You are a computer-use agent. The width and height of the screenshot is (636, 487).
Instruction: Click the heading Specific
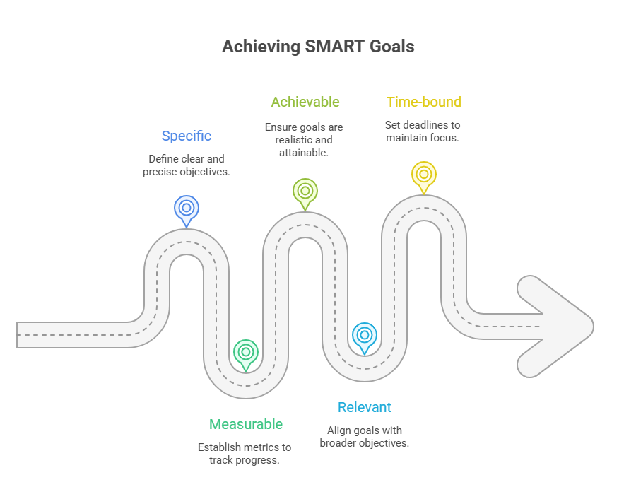pos(187,136)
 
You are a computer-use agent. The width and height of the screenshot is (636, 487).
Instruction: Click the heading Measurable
pos(246,424)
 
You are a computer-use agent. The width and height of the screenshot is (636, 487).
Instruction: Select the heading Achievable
pos(305,102)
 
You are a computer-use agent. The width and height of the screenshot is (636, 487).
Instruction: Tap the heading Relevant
pos(365,407)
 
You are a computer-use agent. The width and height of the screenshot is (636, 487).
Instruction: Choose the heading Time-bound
pos(424,102)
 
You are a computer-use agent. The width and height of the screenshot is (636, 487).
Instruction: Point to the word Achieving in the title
pos(261,47)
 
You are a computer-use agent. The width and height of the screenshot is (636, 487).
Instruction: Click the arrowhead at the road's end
pos(555,327)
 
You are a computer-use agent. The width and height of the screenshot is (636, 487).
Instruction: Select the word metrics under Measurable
pos(259,447)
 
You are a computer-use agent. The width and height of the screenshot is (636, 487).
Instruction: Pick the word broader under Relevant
pos(339,442)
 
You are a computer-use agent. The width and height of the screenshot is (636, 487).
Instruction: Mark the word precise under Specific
pos(160,172)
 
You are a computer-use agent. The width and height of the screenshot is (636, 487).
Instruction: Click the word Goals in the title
pos(391,46)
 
